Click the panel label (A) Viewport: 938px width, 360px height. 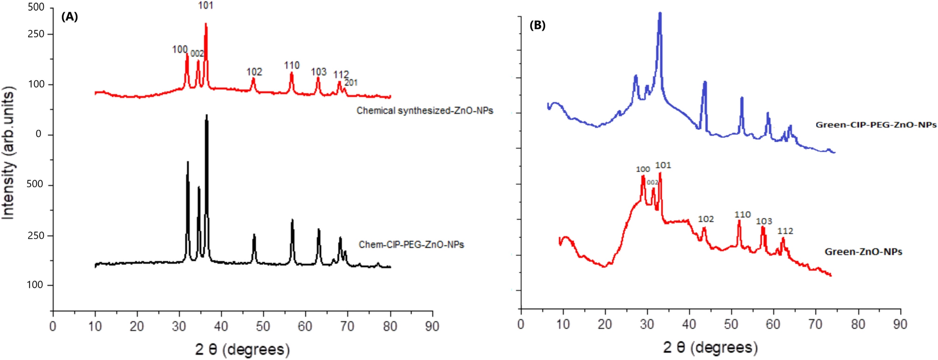click(x=70, y=17)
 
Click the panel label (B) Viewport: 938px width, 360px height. click(x=537, y=25)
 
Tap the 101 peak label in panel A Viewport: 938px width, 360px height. click(x=206, y=6)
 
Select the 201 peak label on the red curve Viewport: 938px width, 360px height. click(x=351, y=83)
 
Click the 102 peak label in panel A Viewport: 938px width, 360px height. click(x=254, y=72)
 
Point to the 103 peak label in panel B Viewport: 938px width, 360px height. click(x=764, y=221)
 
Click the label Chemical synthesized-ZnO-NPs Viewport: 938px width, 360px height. click(x=425, y=111)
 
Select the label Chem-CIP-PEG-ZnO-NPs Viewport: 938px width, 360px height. click(x=411, y=245)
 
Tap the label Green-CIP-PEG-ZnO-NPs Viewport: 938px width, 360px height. click(x=876, y=125)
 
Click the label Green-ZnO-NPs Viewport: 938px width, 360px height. click(x=863, y=252)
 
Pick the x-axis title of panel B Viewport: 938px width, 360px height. click(x=710, y=347)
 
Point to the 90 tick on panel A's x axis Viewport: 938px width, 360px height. click(x=432, y=326)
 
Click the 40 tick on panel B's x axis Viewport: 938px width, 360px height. click(x=689, y=324)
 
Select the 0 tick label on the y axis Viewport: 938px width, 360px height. click(x=38, y=134)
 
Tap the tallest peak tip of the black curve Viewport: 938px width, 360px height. click(x=207, y=115)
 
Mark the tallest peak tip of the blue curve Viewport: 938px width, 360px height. click(x=660, y=13)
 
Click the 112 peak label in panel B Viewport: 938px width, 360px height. click(x=785, y=231)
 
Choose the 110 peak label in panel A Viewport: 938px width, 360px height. click(x=292, y=65)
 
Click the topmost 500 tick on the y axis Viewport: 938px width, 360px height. click(x=36, y=7)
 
